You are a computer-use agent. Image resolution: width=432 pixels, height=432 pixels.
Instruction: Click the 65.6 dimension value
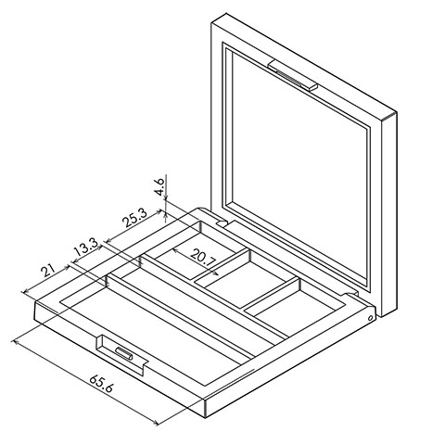click(x=101, y=383)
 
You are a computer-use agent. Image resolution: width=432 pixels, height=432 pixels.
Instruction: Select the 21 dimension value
click(x=48, y=271)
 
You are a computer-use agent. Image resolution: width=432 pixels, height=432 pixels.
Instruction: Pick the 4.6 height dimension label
click(x=160, y=186)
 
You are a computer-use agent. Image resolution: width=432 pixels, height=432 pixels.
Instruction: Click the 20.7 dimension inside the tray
click(x=202, y=257)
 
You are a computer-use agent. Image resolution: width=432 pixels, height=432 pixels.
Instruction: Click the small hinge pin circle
click(x=370, y=318)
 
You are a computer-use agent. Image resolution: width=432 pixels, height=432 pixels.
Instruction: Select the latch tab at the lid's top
click(x=293, y=76)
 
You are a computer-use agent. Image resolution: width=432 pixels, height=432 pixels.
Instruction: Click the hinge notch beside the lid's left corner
click(x=222, y=222)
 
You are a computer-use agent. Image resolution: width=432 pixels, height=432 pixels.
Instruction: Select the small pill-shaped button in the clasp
click(x=124, y=353)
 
